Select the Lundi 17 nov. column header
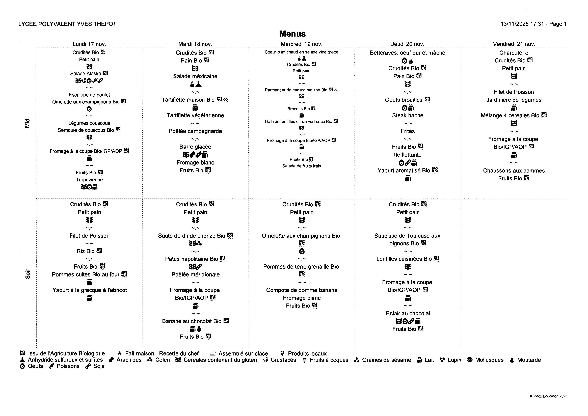(89, 44)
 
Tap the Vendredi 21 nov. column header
(514, 44)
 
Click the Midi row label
(27, 122)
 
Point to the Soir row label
(27, 274)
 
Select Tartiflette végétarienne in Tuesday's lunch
(195, 116)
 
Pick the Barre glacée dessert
(195, 147)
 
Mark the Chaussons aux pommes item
(514, 171)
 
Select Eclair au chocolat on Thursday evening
(408, 314)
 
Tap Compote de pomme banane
(302, 290)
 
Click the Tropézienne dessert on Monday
(89, 180)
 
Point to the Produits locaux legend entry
(307, 354)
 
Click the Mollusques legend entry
(489, 360)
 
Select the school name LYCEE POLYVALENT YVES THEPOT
(67, 24)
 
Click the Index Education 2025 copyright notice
(548, 396)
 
